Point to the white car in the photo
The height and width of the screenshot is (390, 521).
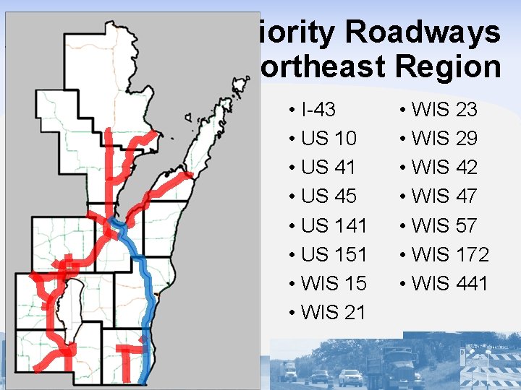pos(351,376)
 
